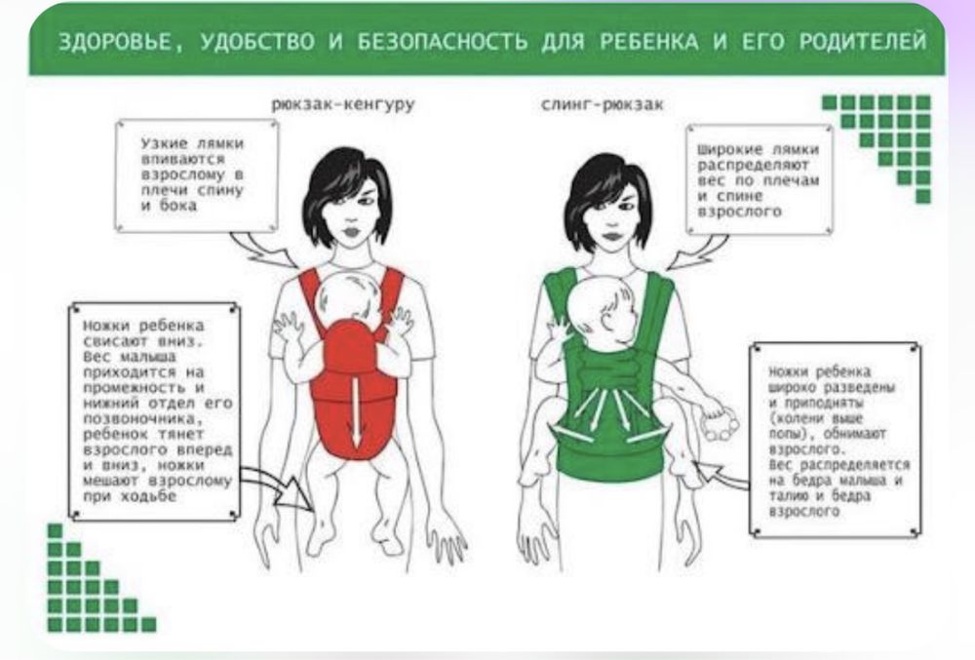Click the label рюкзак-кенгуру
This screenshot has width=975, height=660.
point(342,104)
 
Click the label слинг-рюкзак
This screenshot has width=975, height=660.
point(602,104)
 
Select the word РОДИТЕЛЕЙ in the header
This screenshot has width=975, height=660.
point(863,41)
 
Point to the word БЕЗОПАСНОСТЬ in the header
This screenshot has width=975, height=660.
point(442,42)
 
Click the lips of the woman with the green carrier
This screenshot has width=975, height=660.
point(612,236)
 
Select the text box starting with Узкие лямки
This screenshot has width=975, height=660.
point(197,175)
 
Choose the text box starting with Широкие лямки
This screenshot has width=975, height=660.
point(760,179)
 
